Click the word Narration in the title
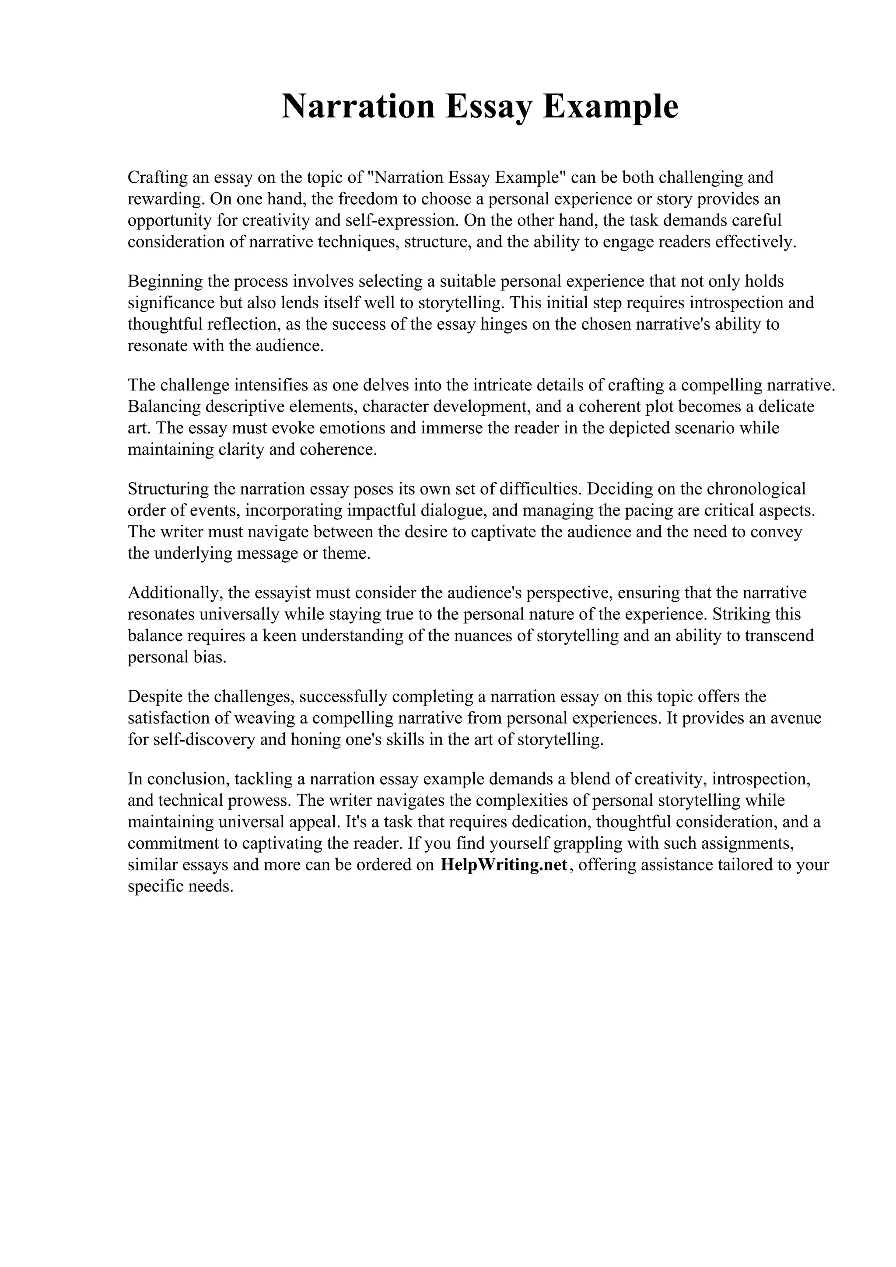(358, 107)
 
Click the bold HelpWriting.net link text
(504, 865)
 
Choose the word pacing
(649, 511)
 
